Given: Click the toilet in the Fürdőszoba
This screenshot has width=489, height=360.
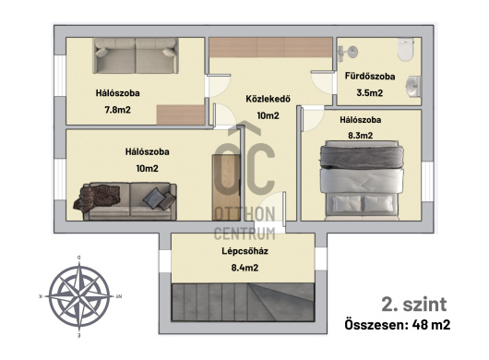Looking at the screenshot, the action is pos(405,49).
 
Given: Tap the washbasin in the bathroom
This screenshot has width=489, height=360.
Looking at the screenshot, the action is pos(413,86).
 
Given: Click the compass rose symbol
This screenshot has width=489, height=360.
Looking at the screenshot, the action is pos(79,296).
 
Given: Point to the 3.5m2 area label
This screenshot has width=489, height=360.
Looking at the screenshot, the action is pos(370,92).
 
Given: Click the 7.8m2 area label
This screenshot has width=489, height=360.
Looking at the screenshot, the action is pos(117,110).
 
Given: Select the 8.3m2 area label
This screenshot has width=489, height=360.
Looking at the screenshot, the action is pos(360,136).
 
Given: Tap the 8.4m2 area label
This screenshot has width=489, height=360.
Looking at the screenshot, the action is pos(244,268).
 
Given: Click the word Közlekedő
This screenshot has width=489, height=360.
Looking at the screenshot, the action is pos(268,99).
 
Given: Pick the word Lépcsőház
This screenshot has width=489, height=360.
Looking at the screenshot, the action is pos(244,251).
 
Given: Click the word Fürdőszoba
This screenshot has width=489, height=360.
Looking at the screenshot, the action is pos(370,76).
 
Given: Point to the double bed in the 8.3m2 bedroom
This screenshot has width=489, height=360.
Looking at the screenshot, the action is pos(362,180).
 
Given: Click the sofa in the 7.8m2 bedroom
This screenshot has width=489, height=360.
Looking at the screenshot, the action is pos(136,55).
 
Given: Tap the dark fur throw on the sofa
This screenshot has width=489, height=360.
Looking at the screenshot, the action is pos(97,197).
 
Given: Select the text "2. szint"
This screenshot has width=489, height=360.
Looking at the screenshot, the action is pos(414,305).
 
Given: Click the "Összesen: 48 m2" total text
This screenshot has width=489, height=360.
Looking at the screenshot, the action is pos(398,325).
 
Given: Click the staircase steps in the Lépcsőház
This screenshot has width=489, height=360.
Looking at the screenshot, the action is pos(243,302).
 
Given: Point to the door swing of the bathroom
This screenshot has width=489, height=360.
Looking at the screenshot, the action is pos(323,83).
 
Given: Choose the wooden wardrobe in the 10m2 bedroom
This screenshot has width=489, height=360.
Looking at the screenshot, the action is pos(226,187).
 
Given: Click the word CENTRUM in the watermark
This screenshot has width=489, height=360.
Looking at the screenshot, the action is pos(244,234).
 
